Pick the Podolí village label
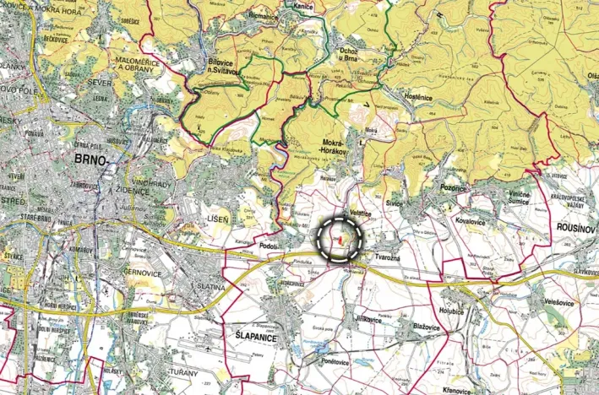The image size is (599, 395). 270,246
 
